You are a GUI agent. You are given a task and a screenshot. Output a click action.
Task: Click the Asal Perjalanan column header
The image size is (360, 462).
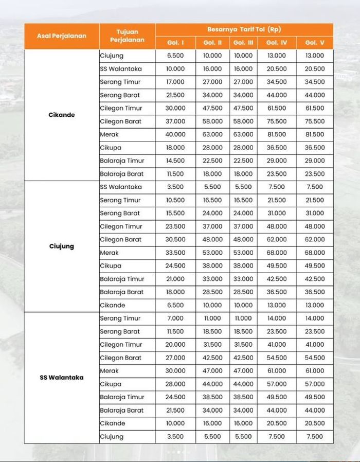(61, 36)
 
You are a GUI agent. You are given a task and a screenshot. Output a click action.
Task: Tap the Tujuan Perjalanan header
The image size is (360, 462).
(127, 36)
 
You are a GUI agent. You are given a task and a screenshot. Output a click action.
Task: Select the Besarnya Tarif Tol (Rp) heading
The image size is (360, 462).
(244, 29)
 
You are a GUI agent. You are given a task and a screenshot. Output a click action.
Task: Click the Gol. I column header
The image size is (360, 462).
(175, 43)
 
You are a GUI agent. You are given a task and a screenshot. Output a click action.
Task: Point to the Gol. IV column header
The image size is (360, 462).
(277, 43)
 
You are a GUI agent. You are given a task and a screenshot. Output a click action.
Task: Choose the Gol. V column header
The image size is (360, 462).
(314, 43)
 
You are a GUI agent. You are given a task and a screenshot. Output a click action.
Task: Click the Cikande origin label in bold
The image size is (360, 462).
(61, 115)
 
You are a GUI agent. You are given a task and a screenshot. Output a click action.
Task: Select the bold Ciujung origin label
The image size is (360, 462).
(61, 246)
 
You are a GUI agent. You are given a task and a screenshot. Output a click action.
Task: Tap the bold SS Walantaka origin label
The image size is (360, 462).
(61, 377)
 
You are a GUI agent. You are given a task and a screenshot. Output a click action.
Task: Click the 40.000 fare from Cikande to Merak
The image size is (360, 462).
(175, 134)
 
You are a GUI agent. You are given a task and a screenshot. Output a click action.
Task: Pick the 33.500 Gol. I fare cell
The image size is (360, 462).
(175, 253)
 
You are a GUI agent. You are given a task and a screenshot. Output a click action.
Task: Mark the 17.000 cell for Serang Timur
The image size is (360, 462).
(175, 82)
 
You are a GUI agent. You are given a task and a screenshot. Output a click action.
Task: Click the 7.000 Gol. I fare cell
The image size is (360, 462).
(175, 318)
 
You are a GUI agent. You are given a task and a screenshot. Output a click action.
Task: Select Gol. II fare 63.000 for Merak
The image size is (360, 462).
(212, 134)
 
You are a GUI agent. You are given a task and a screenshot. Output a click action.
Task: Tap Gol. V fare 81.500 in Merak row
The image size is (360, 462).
(314, 134)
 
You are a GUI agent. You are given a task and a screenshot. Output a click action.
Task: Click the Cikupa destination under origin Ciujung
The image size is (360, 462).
(111, 266)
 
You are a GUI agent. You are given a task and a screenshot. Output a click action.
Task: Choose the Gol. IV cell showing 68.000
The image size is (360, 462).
(277, 253)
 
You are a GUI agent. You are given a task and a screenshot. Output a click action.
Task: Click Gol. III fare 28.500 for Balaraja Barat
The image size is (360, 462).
(243, 292)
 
